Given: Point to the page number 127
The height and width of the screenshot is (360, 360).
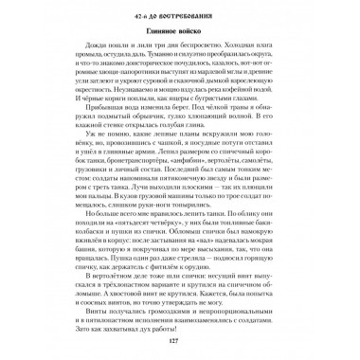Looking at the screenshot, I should click(x=179, y=343).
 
